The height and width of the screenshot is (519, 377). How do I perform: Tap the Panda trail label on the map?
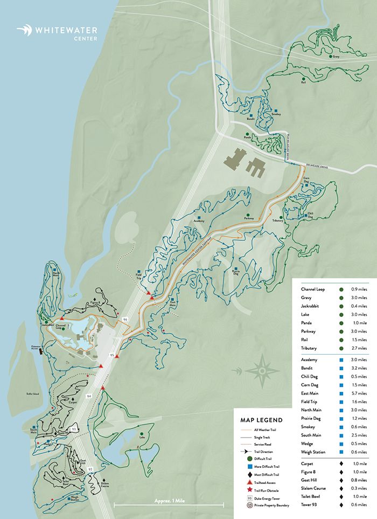coord(247,137)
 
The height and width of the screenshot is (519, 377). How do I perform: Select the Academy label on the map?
coord(198,222)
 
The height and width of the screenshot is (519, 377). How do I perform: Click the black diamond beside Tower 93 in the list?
coord(341,505)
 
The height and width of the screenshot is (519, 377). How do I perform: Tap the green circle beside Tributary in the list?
coord(341,349)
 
